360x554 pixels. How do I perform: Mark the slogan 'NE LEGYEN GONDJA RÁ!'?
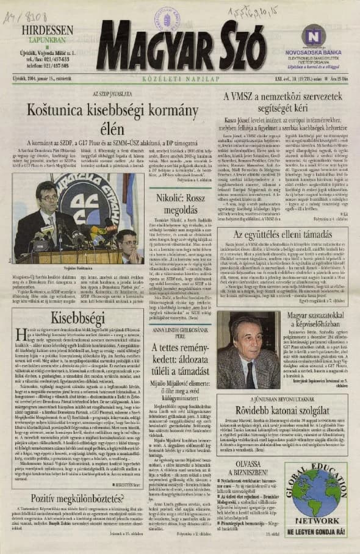pos(322,531)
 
